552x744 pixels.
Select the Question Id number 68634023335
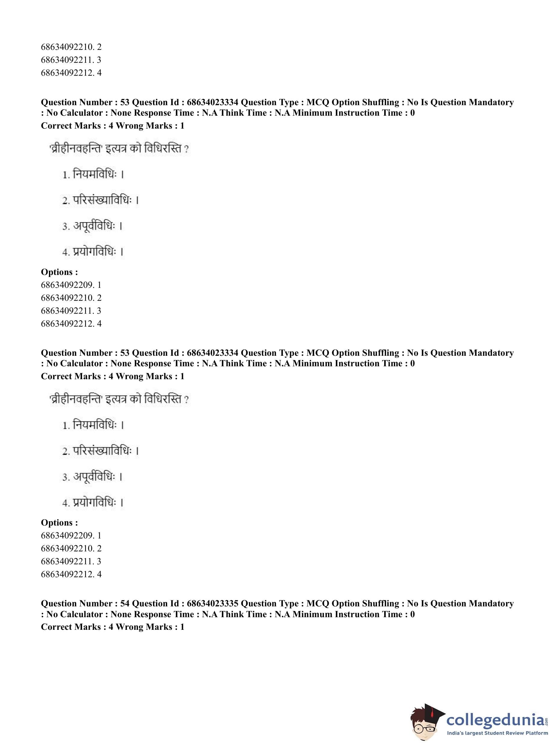pos(213,603)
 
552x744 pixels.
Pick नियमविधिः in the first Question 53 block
pos(95,174)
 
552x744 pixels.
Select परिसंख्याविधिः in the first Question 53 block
pos(102,200)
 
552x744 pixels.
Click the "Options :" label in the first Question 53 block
pos(60,272)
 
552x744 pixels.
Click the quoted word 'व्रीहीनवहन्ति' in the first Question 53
pos(76,149)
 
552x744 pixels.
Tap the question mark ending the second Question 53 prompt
pos(186,399)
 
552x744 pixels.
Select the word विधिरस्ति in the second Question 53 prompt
pos(163,399)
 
